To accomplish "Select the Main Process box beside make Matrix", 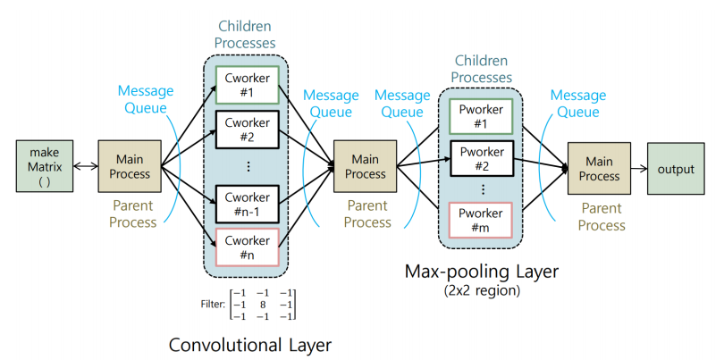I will [130, 166].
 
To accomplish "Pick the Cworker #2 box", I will [248, 129].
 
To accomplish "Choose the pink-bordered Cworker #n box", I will [248, 247].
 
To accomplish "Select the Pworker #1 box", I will [480, 116].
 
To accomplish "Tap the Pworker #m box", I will [480, 220].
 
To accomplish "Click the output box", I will [675, 169].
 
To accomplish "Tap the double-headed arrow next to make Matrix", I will [86, 166].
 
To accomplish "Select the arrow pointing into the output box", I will [638, 169].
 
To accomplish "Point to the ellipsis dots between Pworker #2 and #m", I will [480, 189].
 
